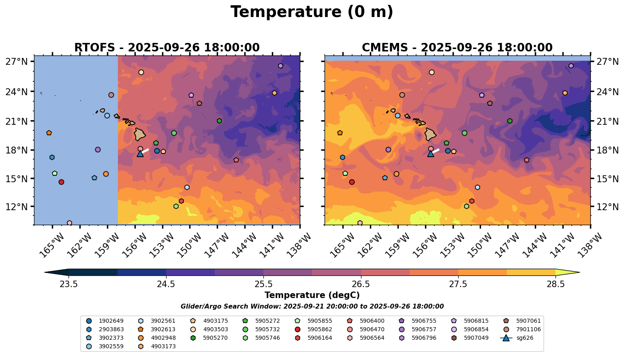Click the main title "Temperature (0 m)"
point(312,12)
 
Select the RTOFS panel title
point(167,48)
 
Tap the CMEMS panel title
point(457,48)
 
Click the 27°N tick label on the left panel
point(17,62)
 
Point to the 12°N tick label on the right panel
point(607,207)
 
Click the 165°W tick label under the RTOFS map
point(50,245)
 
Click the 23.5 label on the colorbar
point(68,284)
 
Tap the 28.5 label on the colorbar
point(556,284)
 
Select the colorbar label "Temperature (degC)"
point(312,295)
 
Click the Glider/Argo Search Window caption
point(312,307)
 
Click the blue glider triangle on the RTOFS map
point(140,153)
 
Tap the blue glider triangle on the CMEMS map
point(431,153)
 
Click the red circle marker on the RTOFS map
point(61,182)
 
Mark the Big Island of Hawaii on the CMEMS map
point(430,134)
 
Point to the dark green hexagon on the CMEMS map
point(510,121)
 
